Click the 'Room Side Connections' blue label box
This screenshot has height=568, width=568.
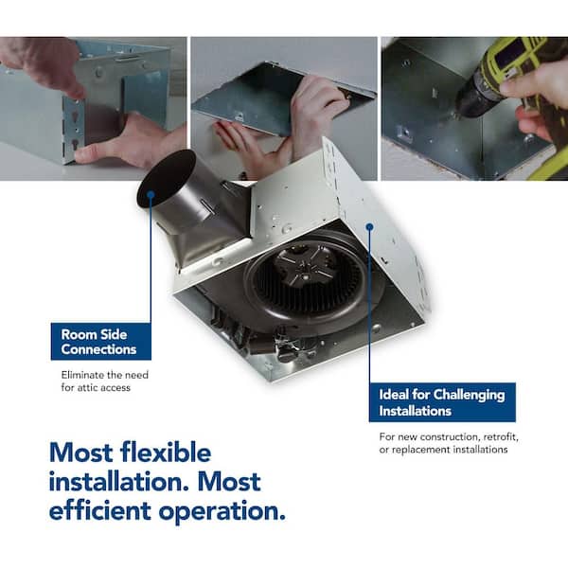(101, 341)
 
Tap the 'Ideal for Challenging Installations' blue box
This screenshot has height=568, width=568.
(442, 402)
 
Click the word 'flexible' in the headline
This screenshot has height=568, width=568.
(166, 453)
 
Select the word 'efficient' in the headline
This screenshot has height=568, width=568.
(100, 510)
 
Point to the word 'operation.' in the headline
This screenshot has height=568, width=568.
(222, 512)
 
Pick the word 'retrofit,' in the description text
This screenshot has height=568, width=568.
(501, 437)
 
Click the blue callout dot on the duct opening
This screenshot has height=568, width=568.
(151, 195)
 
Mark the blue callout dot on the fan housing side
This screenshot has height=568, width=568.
(369, 227)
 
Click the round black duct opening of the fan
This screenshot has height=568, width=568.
(166, 179)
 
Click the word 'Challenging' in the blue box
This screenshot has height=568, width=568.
(470, 395)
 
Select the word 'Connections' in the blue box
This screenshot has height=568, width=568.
(98, 349)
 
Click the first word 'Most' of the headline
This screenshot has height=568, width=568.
(80, 453)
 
